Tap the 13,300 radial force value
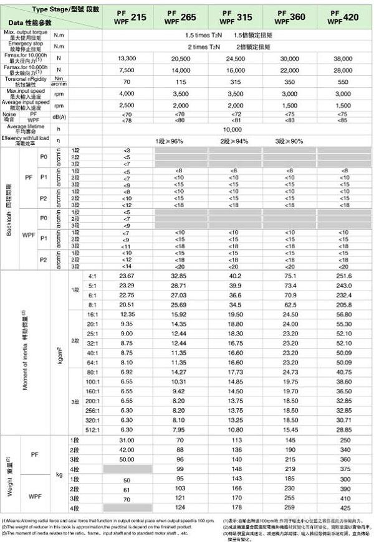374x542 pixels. click(127, 58)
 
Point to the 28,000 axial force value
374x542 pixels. click(342, 70)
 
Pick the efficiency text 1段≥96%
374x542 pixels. click(170, 141)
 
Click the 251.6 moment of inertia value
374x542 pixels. click(342, 275)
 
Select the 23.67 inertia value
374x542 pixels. click(127, 275)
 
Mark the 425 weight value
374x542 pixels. click(342, 508)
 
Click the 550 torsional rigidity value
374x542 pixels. click(342, 82)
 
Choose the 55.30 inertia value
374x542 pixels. click(342, 324)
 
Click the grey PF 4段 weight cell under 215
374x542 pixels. click(127, 468)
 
